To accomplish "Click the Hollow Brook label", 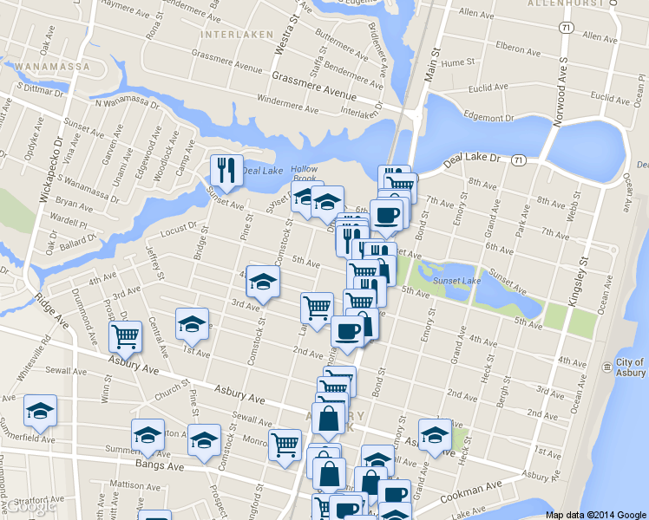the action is click(x=305, y=173).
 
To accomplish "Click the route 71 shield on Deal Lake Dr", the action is click(x=518, y=160).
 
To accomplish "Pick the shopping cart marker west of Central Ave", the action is click(x=126, y=336).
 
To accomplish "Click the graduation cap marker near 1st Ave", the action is click(x=192, y=323).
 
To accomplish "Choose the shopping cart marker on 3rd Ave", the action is click(x=317, y=307).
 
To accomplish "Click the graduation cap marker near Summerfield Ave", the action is click(x=40, y=410).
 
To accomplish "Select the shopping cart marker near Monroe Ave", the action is click(x=285, y=445).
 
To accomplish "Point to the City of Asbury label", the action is click(x=630, y=367).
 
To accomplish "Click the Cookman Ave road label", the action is click(x=471, y=493).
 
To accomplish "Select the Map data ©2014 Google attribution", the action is click(x=596, y=515).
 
